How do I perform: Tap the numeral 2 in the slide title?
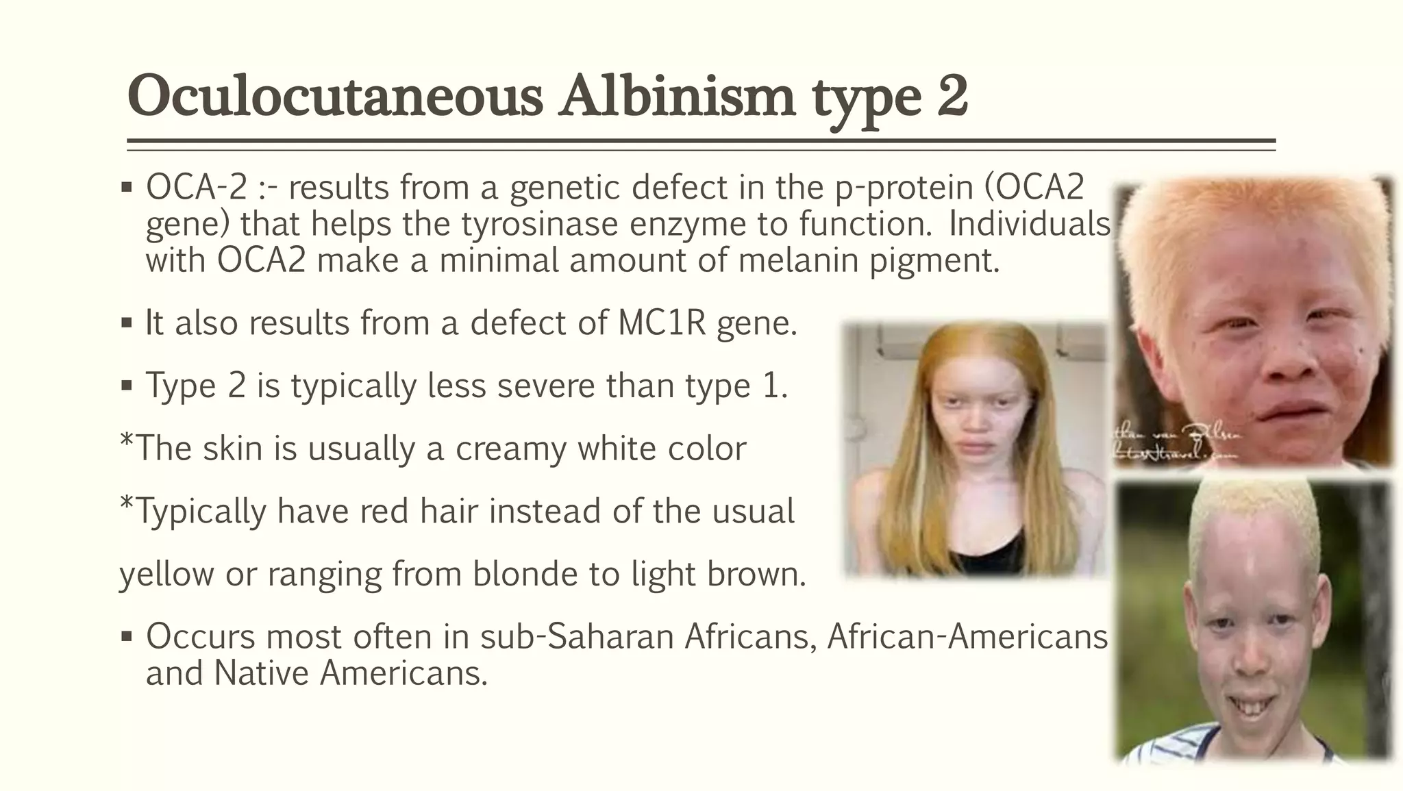(952, 97)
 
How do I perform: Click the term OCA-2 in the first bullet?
(196, 187)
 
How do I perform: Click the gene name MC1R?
(661, 323)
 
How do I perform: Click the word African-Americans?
(967, 636)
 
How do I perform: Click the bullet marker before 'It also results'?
(126, 323)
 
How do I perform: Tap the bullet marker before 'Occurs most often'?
(126, 636)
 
